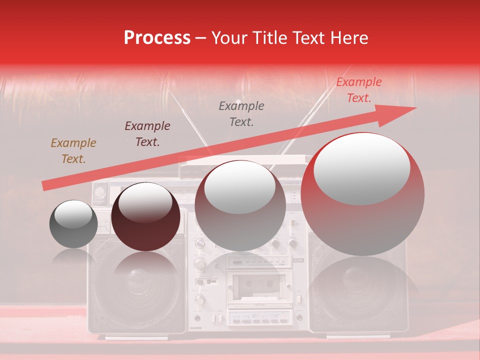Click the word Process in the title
tap(157, 38)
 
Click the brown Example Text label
tap(73, 151)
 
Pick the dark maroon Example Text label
tap(147, 134)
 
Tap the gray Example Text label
tap(241, 114)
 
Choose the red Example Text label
tap(358, 90)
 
